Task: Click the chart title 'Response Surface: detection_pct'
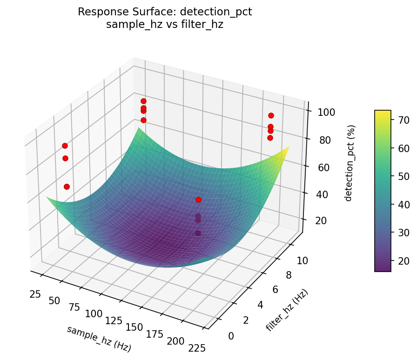point(165,12)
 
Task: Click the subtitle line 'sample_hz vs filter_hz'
point(165,25)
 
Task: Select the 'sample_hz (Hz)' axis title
point(99,339)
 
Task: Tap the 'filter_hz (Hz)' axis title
point(287,310)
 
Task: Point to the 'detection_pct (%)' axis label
point(353,163)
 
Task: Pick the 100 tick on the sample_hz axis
point(93,314)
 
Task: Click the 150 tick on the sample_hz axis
point(134,327)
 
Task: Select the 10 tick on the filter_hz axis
point(301,261)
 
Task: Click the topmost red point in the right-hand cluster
point(271,115)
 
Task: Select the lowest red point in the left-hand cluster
point(67,187)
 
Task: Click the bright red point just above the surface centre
point(198,200)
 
